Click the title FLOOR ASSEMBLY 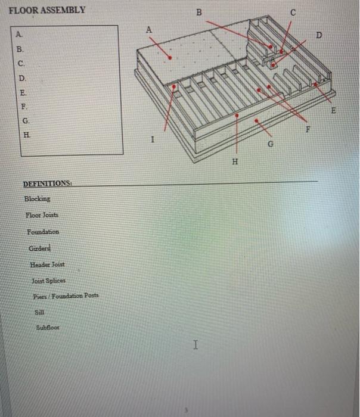(47, 10)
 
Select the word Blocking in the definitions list (37, 198)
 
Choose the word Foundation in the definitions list (42, 231)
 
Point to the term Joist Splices (49, 280)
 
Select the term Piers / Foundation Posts (66, 296)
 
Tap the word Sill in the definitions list (39, 312)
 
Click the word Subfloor (48, 327)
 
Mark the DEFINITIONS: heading (47, 183)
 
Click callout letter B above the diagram (199, 13)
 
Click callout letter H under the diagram (234, 161)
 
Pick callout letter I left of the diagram (153, 139)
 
